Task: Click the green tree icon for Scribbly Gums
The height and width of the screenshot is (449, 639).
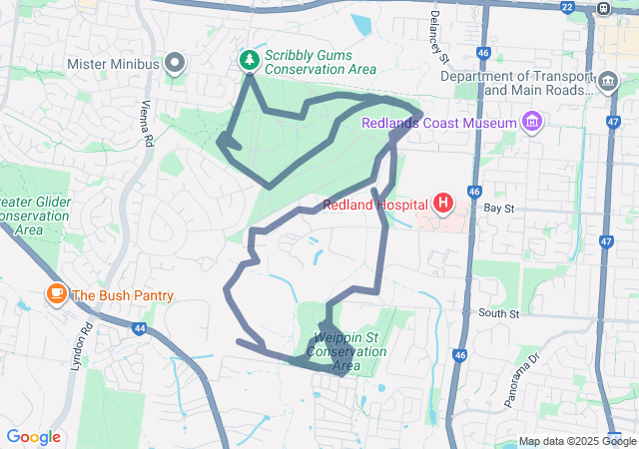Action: (248, 62)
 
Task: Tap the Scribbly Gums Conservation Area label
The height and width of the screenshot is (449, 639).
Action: (320, 62)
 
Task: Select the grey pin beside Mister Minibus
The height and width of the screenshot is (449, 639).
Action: (176, 64)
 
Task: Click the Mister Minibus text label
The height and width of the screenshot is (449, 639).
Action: (114, 64)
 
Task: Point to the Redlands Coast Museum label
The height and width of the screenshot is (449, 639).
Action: (438, 123)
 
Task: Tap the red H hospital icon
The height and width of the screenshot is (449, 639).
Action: (442, 205)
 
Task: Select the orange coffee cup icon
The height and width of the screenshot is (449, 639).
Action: (56, 294)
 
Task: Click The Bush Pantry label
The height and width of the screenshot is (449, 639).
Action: (123, 295)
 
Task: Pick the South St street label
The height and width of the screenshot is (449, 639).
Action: (499, 314)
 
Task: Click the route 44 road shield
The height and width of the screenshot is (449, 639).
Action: (139, 327)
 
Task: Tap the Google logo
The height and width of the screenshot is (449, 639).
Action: (34, 437)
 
